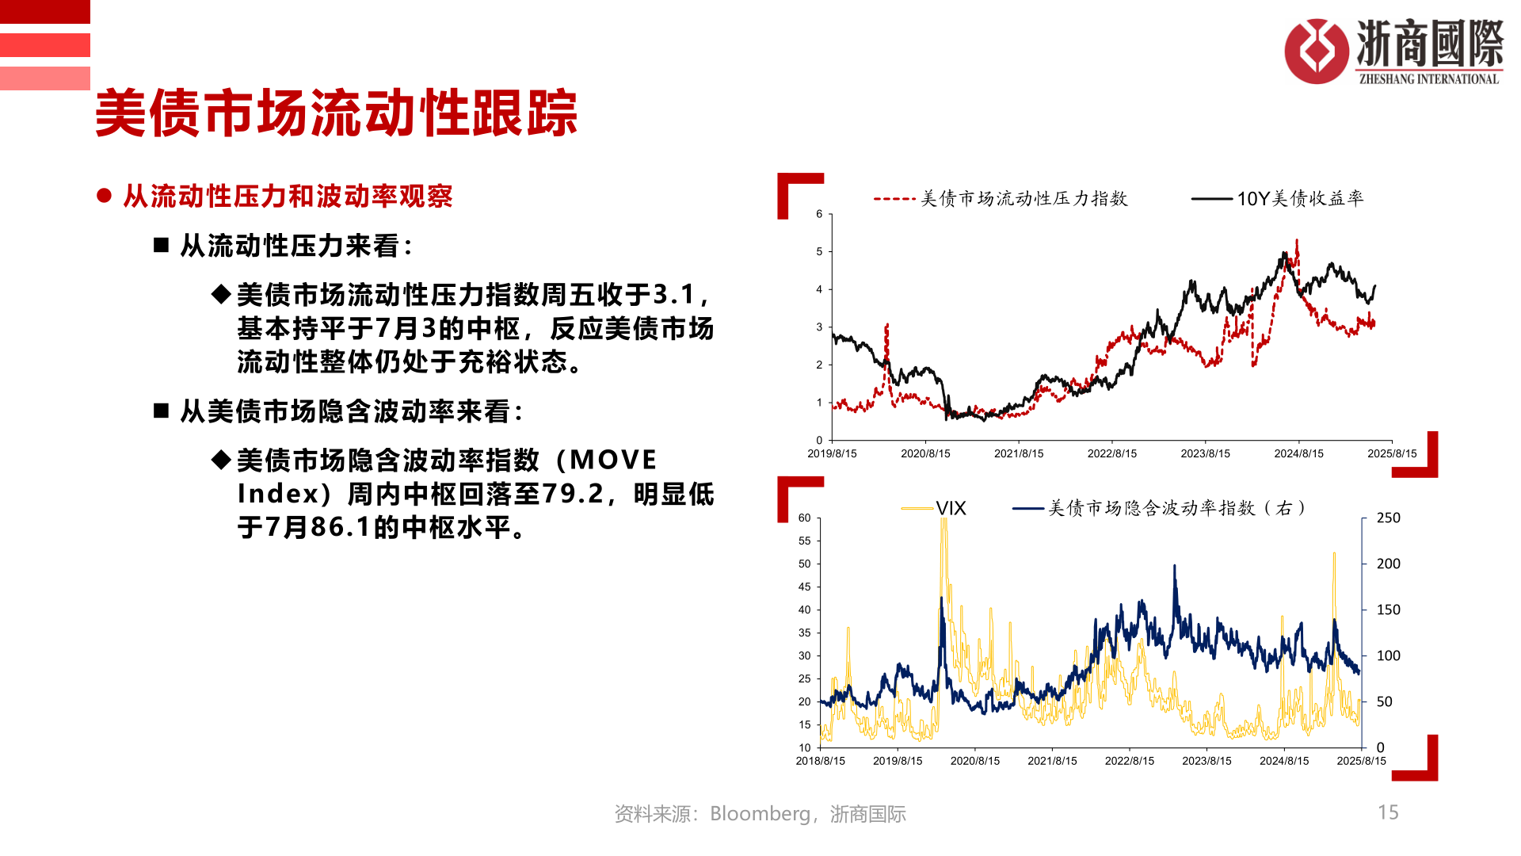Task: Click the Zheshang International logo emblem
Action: coord(1316,52)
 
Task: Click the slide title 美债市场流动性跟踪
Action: coord(336,113)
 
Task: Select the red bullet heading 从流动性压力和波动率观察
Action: coord(288,197)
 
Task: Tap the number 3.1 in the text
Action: coord(673,295)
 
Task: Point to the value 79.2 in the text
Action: coord(573,494)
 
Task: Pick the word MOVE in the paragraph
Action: coord(613,460)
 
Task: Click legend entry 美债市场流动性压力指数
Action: coord(1024,199)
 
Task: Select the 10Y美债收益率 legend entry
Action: coord(1300,199)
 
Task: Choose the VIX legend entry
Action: coord(951,508)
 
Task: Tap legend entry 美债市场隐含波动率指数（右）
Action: coord(1176,508)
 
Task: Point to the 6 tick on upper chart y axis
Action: coord(819,214)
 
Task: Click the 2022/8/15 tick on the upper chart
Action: coord(1111,453)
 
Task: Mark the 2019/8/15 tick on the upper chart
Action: coord(832,453)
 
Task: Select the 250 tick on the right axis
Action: coord(1388,518)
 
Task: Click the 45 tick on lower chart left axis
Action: coord(805,587)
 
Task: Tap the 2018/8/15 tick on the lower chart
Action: coord(820,761)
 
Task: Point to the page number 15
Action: coord(1388,812)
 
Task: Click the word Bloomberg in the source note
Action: coord(759,814)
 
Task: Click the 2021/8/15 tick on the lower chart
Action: coord(1052,761)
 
